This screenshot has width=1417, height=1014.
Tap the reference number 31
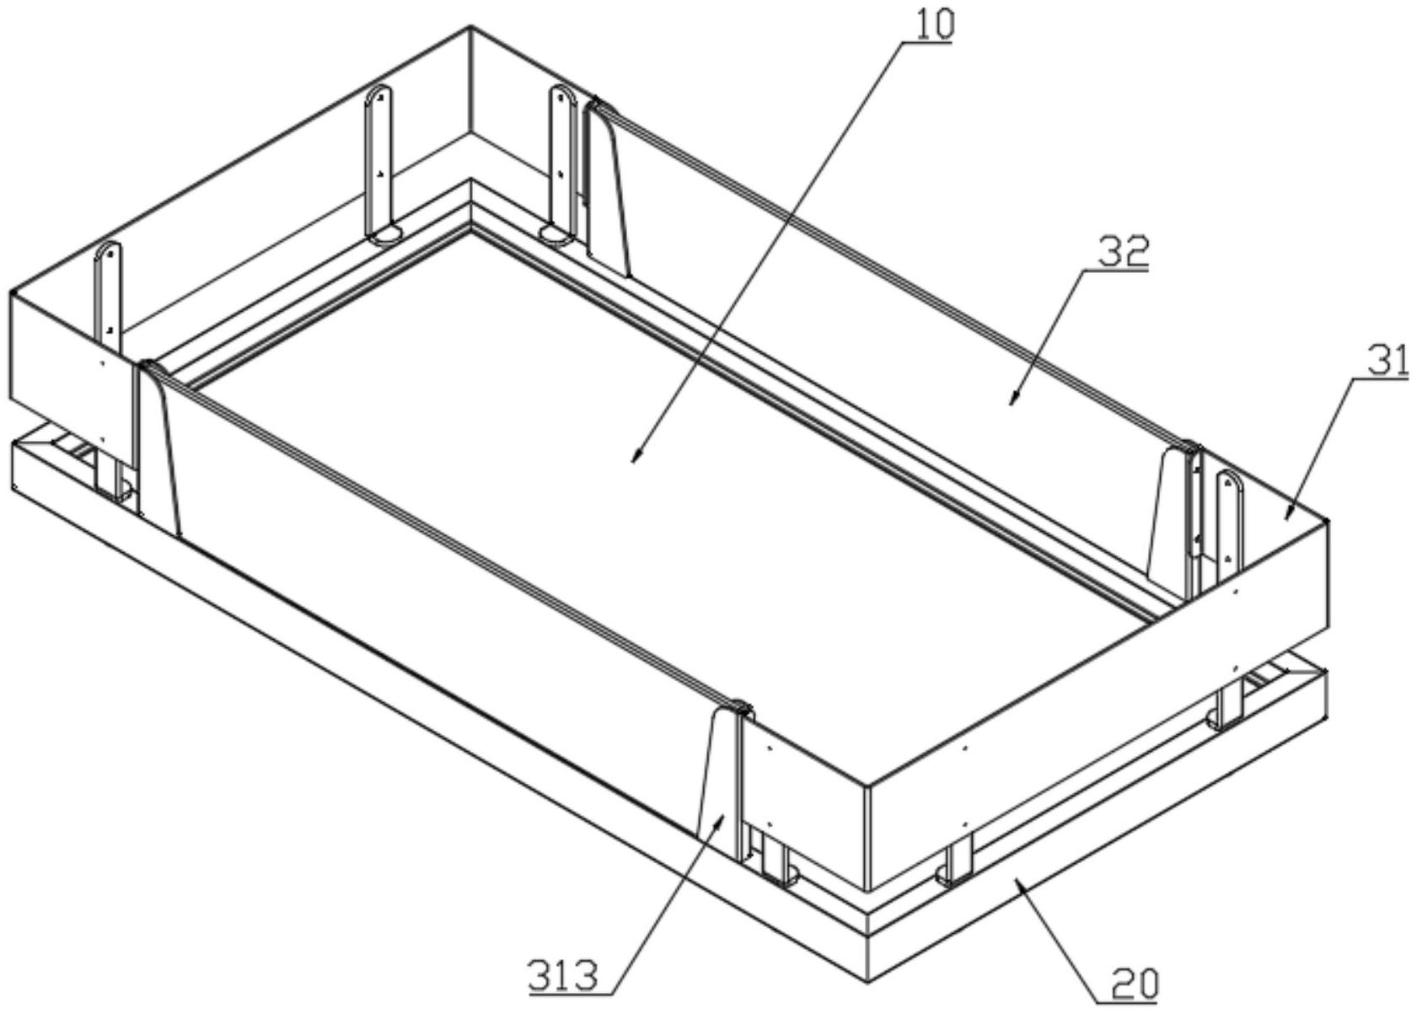[1383, 361]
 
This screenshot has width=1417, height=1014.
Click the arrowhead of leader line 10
[635, 461]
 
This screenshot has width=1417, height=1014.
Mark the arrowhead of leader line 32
[1011, 403]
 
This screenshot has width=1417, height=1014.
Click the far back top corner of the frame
[470, 28]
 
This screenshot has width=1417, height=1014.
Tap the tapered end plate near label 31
[1172, 514]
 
